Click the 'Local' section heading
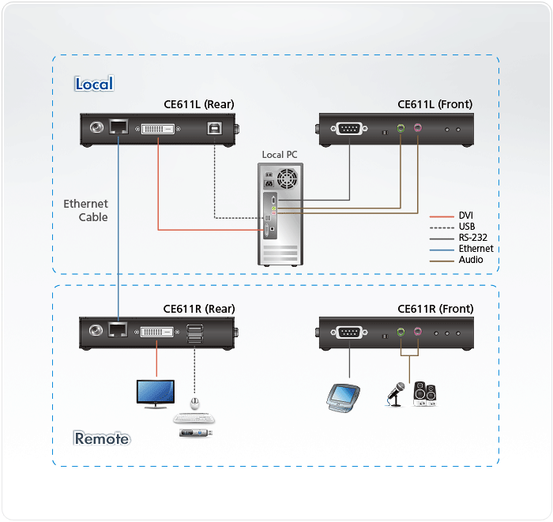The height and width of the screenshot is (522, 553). (94, 84)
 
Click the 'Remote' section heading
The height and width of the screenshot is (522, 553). (102, 438)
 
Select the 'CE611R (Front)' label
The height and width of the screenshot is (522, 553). (434, 309)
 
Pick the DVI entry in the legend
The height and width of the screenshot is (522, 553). (467, 215)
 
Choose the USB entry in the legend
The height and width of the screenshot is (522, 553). (468, 226)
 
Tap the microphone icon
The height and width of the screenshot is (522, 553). (395, 392)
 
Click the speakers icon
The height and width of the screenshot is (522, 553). (424, 392)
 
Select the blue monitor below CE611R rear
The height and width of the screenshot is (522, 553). (155, 392)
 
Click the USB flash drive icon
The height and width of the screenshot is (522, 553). (195, 432)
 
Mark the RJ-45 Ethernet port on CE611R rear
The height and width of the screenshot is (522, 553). (118, 331)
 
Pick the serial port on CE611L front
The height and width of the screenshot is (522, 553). (348, 127)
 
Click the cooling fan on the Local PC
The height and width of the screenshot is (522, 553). (289, 178)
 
